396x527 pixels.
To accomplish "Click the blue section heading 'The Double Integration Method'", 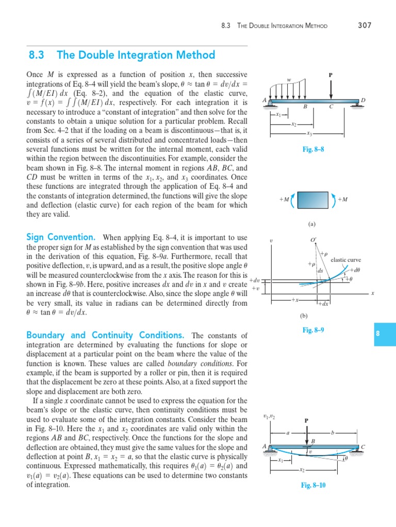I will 136,55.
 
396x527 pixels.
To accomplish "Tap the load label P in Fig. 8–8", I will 331,75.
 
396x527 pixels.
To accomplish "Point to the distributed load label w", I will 289,80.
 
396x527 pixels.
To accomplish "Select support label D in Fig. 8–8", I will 363,100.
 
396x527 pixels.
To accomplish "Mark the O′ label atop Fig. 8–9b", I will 313,240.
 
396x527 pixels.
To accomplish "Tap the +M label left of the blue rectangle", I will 284,200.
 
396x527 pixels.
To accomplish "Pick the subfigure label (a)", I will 311,224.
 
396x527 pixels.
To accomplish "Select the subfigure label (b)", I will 311,315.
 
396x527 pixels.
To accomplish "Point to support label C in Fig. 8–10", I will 363,446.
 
